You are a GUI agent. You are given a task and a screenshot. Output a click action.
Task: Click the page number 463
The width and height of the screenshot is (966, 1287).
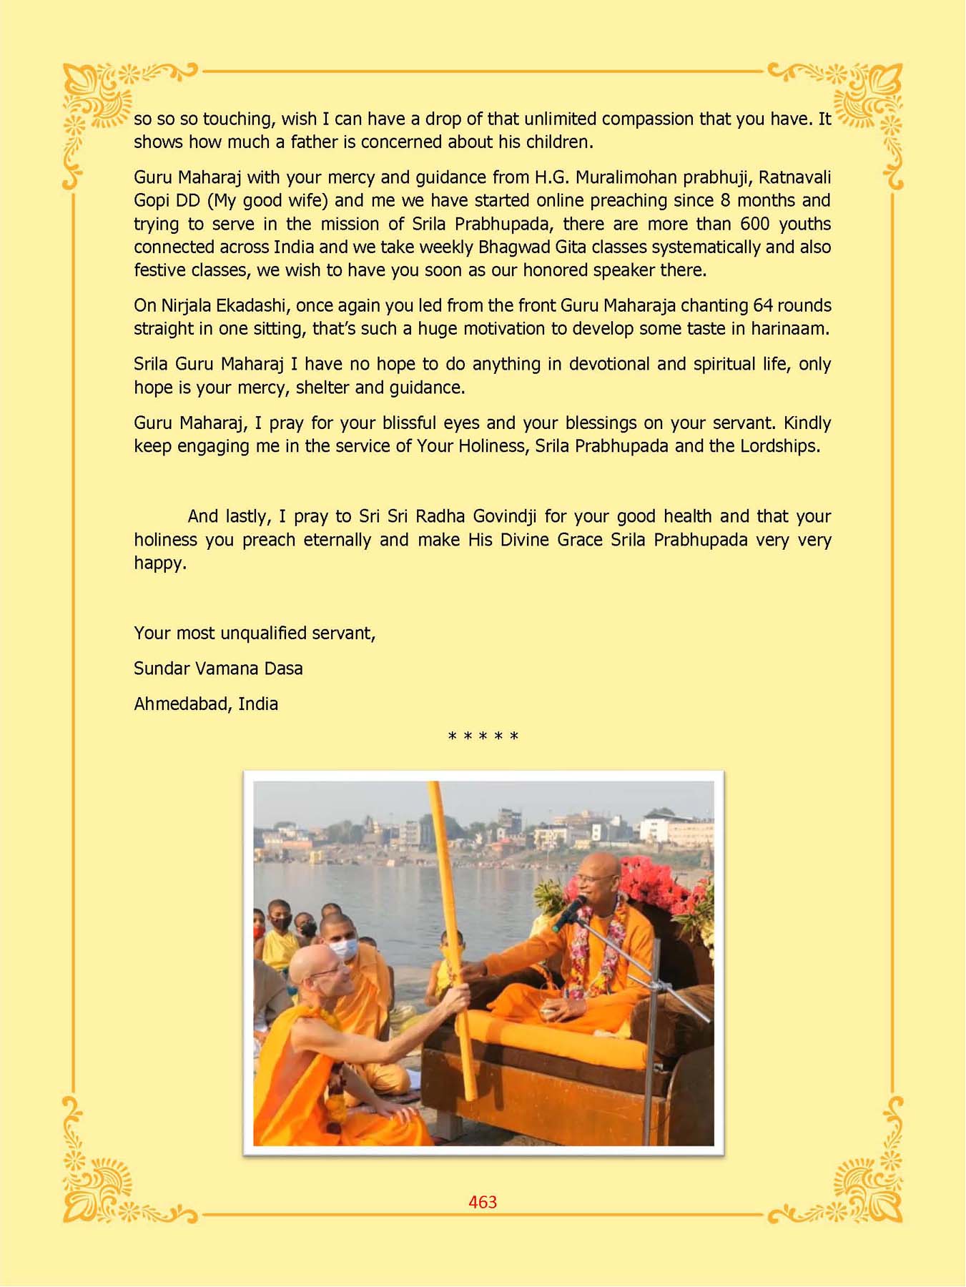(x=483, y=1202)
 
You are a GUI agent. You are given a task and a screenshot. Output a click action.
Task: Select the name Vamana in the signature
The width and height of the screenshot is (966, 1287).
(x=227, y=669)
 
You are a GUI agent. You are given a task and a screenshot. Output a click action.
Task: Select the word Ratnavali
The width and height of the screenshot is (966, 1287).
(x=794, y=177)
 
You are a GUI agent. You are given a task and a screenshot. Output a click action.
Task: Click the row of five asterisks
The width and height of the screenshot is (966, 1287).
(x=483, y=736)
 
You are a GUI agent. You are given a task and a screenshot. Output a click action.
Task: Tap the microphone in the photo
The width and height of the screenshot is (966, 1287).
(x=569, y=914)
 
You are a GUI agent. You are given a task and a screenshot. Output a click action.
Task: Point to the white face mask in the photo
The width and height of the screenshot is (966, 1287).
(x=345, y=949)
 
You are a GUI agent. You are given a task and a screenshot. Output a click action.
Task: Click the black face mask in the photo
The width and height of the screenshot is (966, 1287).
(x=281, y=922)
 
